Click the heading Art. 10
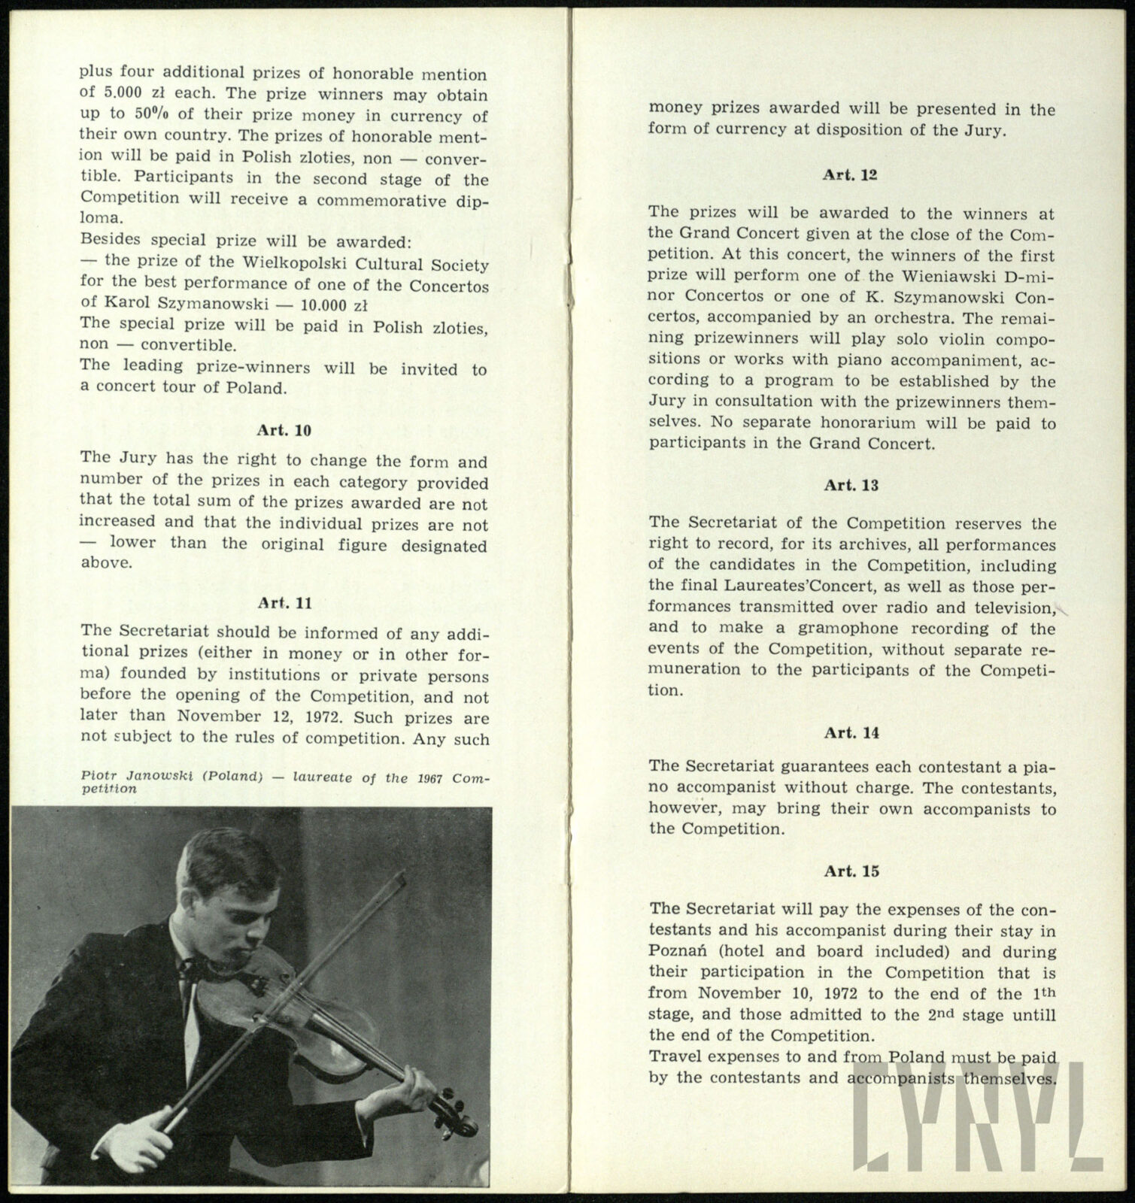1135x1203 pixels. (x=284, y=431)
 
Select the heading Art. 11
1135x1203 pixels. (x=284, y=603)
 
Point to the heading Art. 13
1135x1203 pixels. (x=851, y=485)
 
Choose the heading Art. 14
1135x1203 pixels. (x=851, y=732)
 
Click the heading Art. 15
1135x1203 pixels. (x=851, y=871)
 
